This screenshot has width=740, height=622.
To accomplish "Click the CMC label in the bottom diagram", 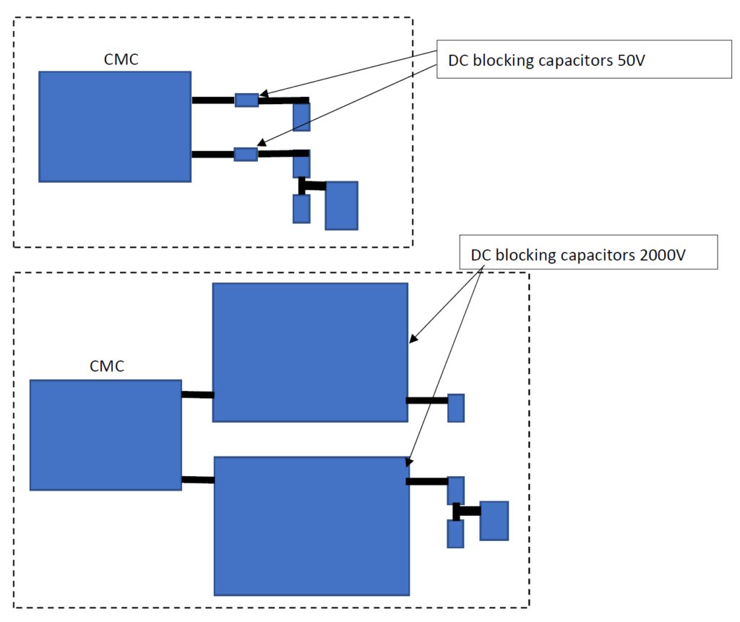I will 107,366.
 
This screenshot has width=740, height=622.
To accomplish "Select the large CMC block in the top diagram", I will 115,126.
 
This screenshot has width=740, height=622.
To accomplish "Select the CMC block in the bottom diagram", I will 106,435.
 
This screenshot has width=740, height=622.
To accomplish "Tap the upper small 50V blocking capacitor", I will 246,100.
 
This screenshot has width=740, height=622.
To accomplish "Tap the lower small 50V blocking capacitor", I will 246,154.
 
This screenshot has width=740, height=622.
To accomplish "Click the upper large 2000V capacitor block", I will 310,353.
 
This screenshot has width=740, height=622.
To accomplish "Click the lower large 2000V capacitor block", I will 311,525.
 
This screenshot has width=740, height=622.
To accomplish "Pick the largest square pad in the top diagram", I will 341,206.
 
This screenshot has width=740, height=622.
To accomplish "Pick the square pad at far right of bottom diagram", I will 494,521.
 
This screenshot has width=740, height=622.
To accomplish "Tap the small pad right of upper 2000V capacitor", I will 456,407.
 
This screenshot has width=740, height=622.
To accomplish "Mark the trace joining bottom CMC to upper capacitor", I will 197,394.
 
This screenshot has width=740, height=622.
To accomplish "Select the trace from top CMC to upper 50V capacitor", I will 213,100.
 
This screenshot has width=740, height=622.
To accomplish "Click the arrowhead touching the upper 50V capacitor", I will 263,94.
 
